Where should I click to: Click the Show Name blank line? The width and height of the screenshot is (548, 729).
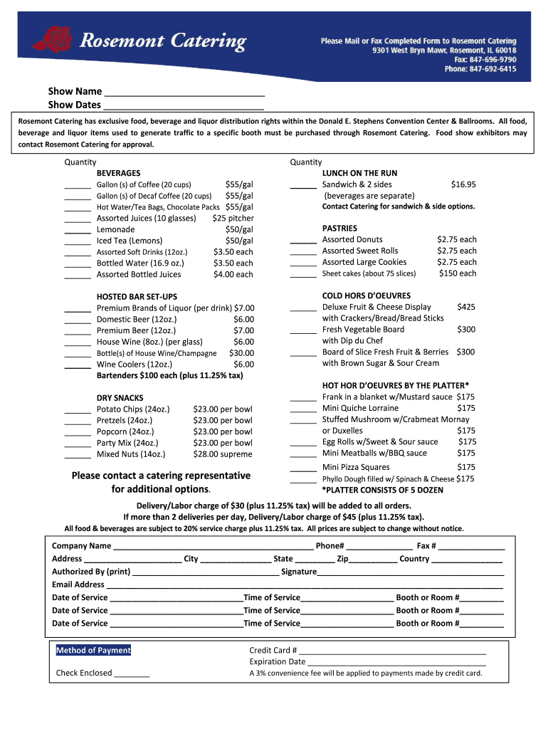(184, 94)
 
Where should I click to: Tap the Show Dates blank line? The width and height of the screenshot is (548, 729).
(183, 107)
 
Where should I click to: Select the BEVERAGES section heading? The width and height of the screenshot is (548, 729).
(118, 173)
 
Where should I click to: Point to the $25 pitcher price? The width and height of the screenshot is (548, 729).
(233, 218)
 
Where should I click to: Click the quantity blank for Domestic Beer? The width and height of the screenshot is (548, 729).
(77, 322)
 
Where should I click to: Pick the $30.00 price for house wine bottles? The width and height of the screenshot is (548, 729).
(241, 353)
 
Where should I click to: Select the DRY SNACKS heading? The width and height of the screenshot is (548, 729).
(120, 398)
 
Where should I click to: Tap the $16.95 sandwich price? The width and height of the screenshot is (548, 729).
(463, 184)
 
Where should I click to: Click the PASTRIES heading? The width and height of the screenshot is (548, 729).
(339, 229)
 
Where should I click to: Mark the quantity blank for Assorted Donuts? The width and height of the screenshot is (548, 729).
(303, 242)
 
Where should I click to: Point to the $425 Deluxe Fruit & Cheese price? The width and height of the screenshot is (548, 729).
(466, 307)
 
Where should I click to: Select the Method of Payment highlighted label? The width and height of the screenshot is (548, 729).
(93, 650)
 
